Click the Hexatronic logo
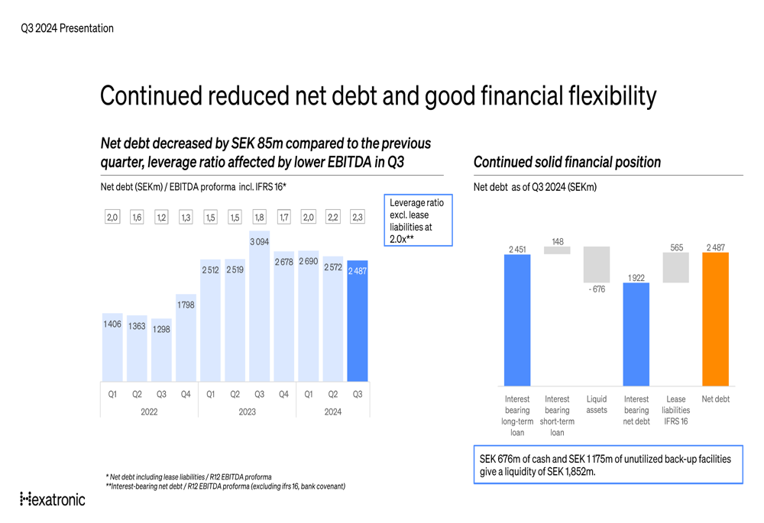click(52, 499)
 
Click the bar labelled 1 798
click(186, 340)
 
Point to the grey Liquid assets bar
click(597, 264)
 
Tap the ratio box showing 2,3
click(357, 218)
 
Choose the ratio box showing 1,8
click(259, 218)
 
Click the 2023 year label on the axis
click(247, 412)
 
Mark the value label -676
click(597, 289)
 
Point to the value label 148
click(557, 242)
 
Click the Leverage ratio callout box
click(420, 220)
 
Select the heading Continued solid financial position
click(567, 162)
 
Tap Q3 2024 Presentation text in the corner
click(67, 28)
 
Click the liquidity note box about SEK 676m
click(607, 464)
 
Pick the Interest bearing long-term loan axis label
click(517, 415)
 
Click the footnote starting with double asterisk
click(225, 486)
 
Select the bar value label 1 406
click(112, 324)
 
